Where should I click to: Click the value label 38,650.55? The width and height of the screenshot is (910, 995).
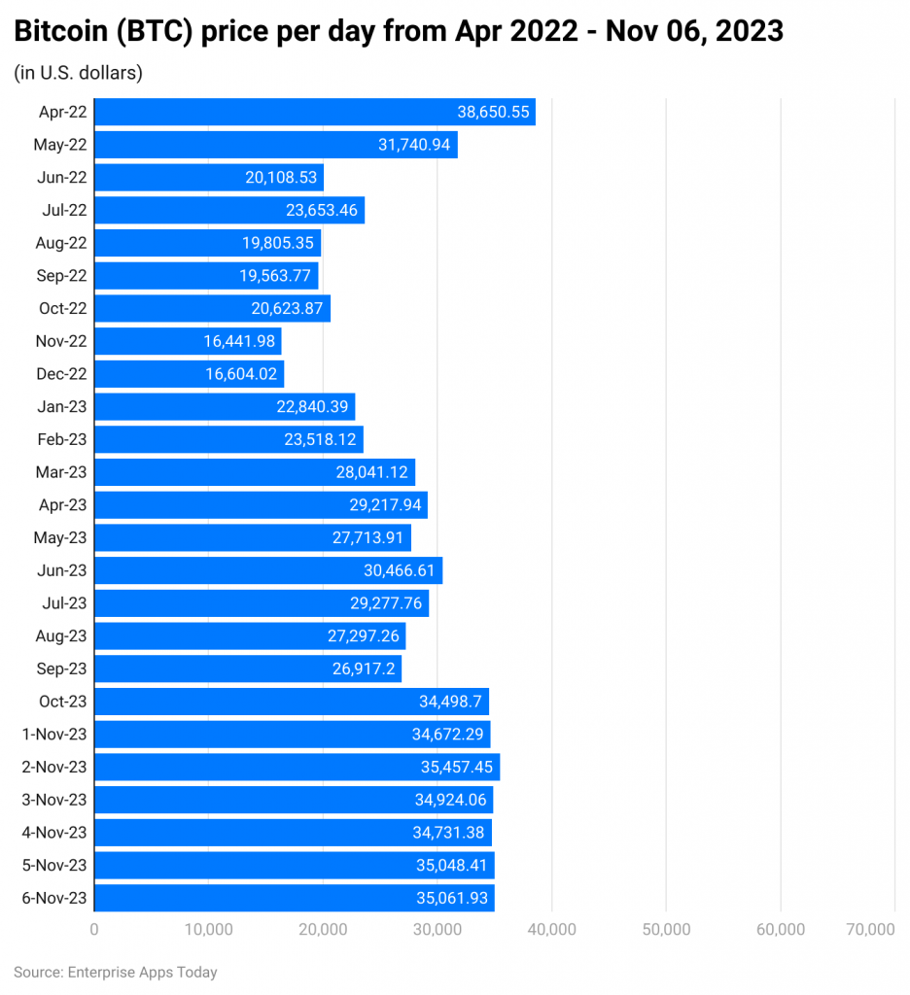[493, 112]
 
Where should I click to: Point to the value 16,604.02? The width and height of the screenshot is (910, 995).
[244, 374]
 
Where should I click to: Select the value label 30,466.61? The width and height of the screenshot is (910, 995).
[400, 570]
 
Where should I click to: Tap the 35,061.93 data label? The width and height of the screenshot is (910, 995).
[451, 898]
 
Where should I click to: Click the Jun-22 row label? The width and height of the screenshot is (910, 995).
[62, 178]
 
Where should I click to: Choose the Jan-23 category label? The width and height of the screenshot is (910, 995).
[62, 406]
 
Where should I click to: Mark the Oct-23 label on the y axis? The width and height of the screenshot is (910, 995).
[62, 702]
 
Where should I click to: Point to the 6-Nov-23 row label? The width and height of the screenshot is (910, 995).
[54, 898]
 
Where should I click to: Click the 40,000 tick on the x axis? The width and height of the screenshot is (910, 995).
[551, 930]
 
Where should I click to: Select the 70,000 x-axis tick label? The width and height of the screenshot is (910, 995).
[870, 930]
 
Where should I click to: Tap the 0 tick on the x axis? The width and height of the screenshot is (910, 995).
[94, 930]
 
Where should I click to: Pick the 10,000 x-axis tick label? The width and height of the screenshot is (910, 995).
[208, 930]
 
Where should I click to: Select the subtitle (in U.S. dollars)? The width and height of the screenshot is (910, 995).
[78, 73]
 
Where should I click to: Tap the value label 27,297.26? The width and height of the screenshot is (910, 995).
[363, 635]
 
